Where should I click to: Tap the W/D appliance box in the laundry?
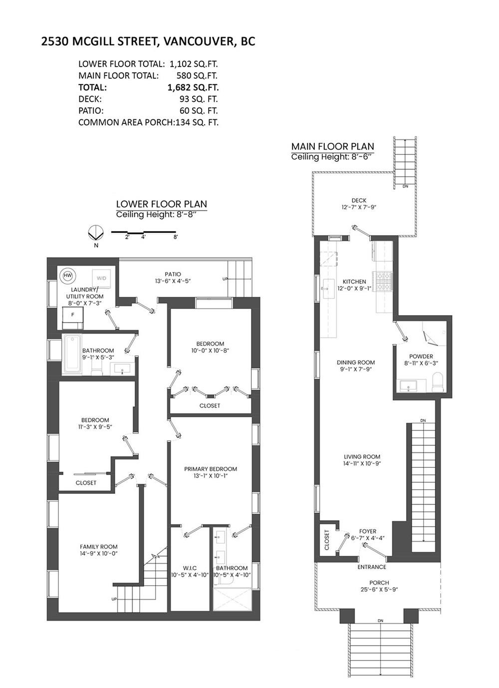click(102, 278)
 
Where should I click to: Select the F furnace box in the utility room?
click(73, 315)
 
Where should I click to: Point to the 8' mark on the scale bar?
click(175, 237)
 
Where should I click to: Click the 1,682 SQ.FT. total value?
click(193, 87)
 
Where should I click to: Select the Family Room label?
click(99, 547)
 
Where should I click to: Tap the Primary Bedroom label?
click(210, 469)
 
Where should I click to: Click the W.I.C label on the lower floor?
click(190, 568)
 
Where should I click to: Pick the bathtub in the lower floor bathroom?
click(73, 354)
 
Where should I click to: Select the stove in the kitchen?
click(385, 280)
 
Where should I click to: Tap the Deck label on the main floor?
click(359, 200)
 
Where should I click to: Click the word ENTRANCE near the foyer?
click(372, 567)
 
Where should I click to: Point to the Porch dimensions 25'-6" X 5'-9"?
click(379, 589)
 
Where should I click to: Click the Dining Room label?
click(356, 362)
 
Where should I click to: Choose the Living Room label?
click(362, 456)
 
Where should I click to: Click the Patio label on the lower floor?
click(173, 274)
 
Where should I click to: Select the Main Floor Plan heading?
click(332, 146)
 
